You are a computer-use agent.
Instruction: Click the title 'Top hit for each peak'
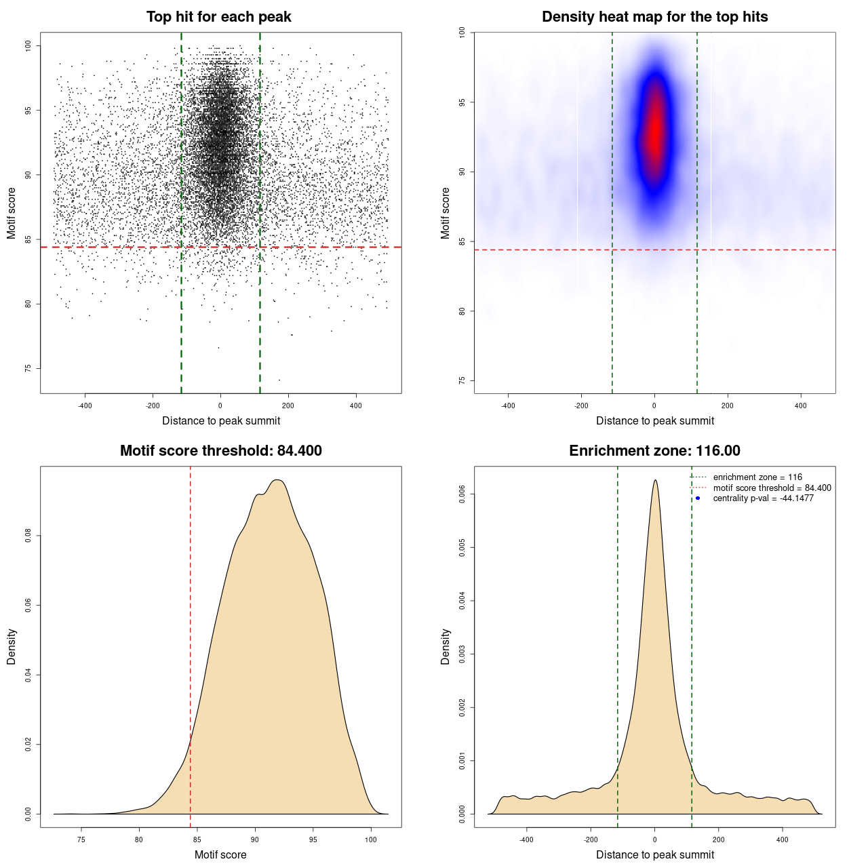tap(218, 17)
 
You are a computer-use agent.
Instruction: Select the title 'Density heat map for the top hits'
tap(654, 17)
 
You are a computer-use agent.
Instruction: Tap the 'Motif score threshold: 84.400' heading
tap(220, 451)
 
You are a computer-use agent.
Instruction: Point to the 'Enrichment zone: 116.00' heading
tap(654, 451)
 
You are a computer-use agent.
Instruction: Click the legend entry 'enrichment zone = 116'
tap(757, 477)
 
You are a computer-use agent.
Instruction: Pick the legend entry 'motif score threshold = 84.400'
tap(772, 488)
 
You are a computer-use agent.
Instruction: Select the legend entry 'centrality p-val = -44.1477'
tap(763, 498)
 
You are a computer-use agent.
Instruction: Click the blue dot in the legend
tap(698, 498)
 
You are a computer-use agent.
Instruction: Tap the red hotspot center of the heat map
tap(654, 129)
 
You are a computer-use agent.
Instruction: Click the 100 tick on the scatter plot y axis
tap(28, 45)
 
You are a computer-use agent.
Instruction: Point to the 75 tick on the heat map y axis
tap(462, 380)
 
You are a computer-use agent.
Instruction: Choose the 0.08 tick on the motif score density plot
tap(28, 536)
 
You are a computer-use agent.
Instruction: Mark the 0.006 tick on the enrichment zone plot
tap(462, 494)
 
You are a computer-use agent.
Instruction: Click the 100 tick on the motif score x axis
tap(370, 840)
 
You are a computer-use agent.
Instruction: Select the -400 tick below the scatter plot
tap(85, 406)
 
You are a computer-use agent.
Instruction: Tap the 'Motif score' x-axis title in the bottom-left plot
tap(220, 854)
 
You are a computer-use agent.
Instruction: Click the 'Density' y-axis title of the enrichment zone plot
tap(446, 646)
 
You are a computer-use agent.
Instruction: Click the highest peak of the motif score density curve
tap(277, 480)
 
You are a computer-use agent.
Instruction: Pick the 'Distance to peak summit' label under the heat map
tap(654, 420)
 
